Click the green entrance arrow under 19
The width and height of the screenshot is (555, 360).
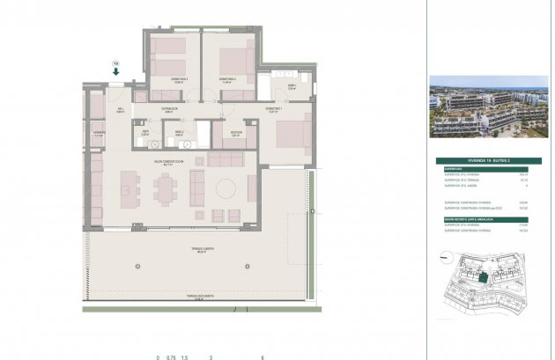click(116, 73)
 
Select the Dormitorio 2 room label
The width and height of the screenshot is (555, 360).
click(228, 81)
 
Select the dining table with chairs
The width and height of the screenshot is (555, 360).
click(166, 187)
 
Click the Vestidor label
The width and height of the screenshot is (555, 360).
click(236, 134)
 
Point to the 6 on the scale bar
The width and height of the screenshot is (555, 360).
click(263, 357)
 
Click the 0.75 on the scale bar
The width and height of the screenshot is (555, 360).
click(172, 357)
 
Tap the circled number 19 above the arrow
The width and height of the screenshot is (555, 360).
click(115, 62)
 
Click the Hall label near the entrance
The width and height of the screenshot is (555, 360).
click(120, 110)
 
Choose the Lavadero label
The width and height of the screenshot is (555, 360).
click(99, 135)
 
